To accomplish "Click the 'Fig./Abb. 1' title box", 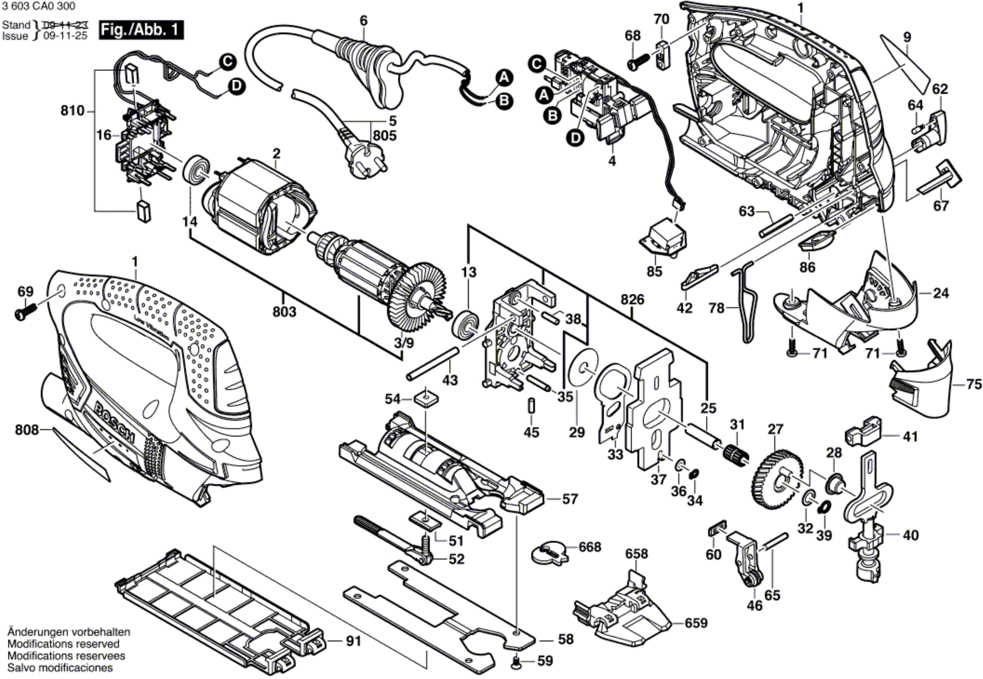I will (x=141, y=30).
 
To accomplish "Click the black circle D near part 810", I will (x=236, y=86).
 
